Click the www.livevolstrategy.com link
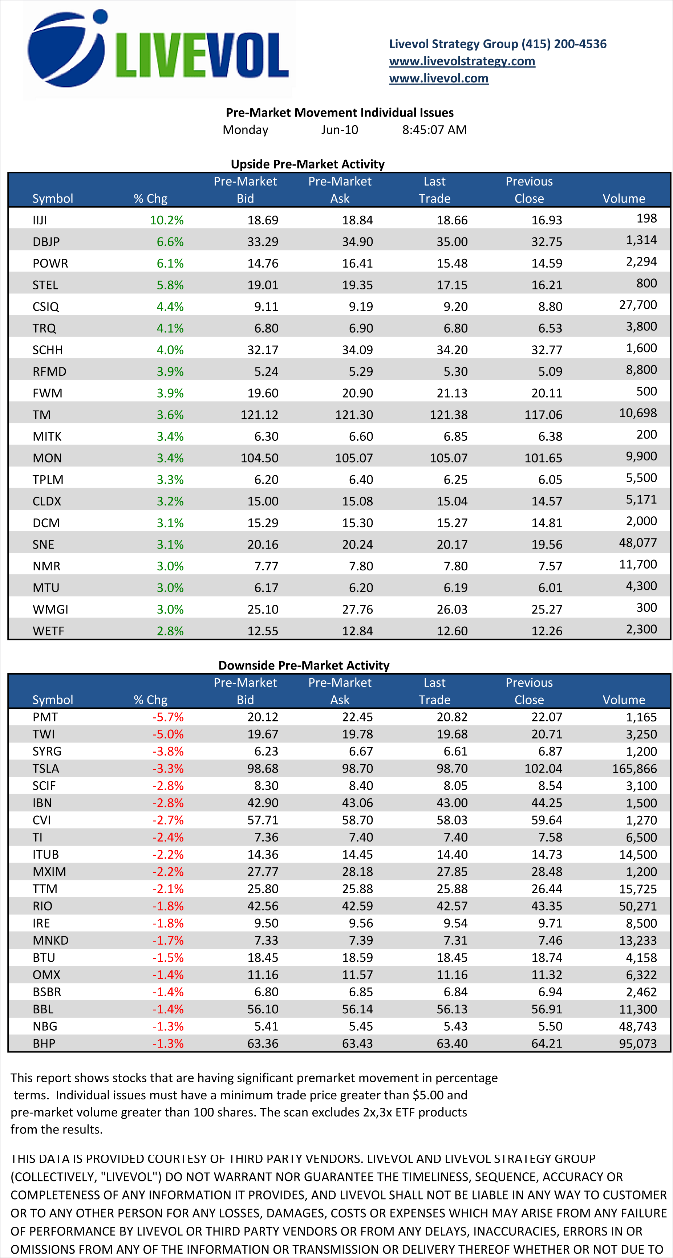[x=462, y=61]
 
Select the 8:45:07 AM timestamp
[x=434, y=130]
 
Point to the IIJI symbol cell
[x=40, y=220]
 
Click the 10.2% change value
[x=167, y=220]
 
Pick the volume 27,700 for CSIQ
[x=638, y=305]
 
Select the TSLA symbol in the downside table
[x=46, y=769]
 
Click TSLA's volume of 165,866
[x=635, y=769]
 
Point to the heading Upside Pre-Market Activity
[x=308, y=164]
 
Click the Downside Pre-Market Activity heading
[x=304, y=665]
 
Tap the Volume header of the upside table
[x=624, y=198]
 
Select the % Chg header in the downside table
[x=150, y=700]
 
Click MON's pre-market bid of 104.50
[x=259, y=458]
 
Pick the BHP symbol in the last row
[x=44, y=1043]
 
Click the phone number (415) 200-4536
[x=564, y=44]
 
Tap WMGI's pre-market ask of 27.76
[x=357, y=610]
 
